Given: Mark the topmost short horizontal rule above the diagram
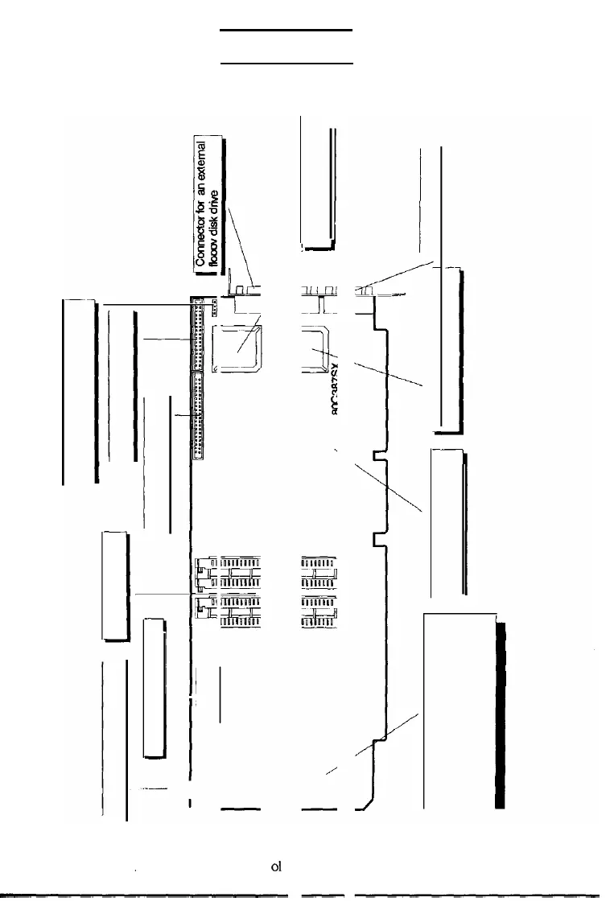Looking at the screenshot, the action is tap(287, 30).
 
